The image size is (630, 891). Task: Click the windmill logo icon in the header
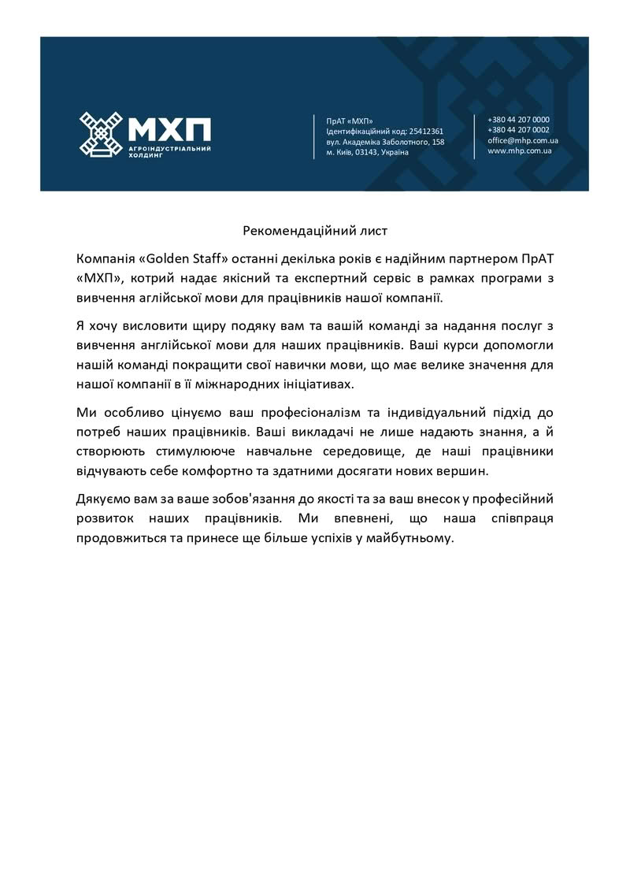(x=101, y=132)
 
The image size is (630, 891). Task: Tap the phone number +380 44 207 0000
(x=518, y=120)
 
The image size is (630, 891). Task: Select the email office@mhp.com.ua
(x=522, y=140)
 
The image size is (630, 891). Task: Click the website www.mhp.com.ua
(x=518, y=150)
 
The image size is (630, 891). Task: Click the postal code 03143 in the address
(x=366, y=152)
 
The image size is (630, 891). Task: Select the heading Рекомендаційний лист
(x=315, y=231)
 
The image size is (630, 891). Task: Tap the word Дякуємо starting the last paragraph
(x=103, y=499)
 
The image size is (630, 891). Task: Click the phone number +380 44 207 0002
(x=518, y=130)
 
